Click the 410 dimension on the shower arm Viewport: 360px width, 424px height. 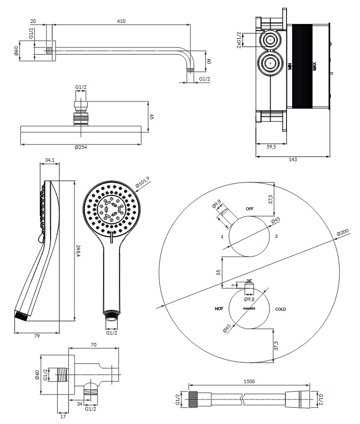click(121, 21)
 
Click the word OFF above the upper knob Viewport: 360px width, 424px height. click(250, 209)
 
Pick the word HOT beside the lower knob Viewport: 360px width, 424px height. click(219, 309)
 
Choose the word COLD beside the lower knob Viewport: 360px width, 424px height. click(281, 309)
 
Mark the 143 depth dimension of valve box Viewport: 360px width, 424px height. click(293, 160)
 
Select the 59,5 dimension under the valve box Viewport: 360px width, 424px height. click(271, 147)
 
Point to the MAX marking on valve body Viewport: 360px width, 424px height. click(315, 66)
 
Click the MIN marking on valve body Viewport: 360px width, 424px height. click(289, 66)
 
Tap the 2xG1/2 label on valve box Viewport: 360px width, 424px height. click(238, 40)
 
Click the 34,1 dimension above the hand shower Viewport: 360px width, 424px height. click(50, 160)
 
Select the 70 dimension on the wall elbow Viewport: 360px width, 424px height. click(93, 345)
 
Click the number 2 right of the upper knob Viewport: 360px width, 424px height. click(276, 237)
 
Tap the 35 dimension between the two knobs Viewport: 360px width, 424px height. click(218, 272)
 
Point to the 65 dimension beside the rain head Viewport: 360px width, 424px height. click(152, 116)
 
